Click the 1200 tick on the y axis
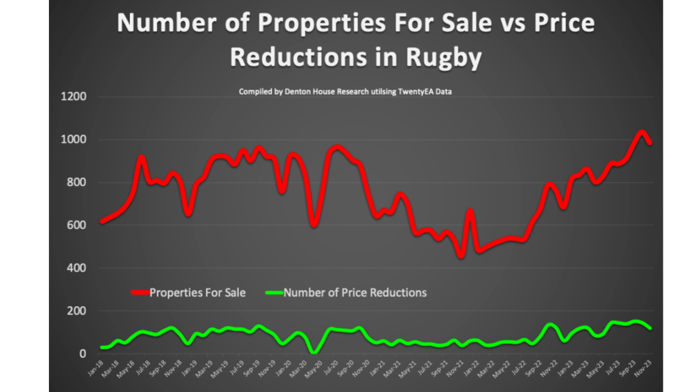point(73,97)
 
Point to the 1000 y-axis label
point(73,140)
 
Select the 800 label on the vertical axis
point(75,182)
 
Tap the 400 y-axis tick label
point(75,268)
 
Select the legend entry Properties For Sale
point(197,293)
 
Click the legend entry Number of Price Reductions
point(355,293)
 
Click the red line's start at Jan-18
point(101,221)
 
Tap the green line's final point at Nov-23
point(650,328)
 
